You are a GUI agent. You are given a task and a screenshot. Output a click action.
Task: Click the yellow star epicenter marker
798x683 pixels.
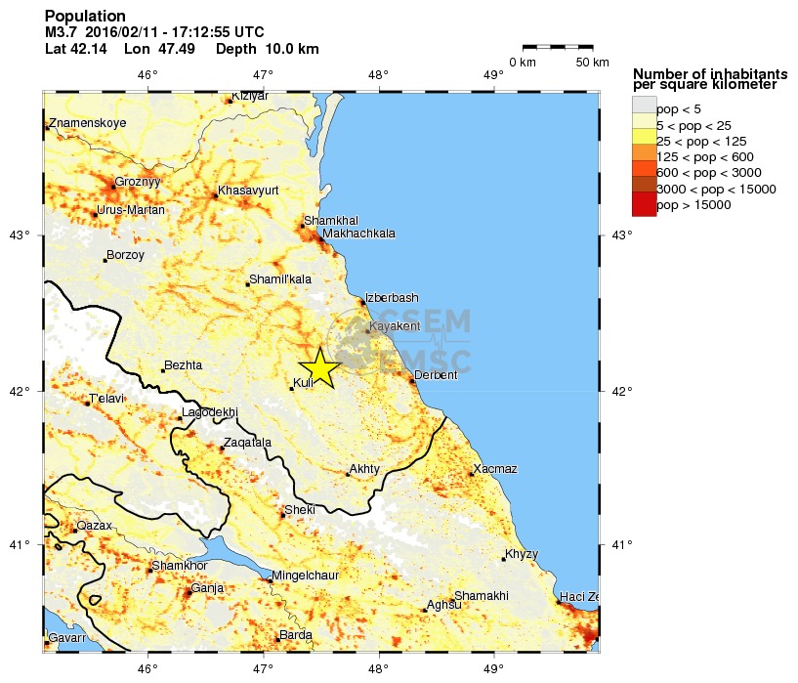pyautogui.click(x=319, y=367)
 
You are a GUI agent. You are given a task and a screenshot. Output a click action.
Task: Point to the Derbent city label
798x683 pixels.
pyautogui.click(x=436, y=375)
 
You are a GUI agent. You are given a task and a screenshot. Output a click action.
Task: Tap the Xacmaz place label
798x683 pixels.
pyautogui.click(x=495, y=470)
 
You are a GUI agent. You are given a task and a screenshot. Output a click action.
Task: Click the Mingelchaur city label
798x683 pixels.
pyautogui.click(x=306, y=576)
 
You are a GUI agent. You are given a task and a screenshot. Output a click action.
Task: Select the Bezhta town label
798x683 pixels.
pyautogui.click(x=184, y=365)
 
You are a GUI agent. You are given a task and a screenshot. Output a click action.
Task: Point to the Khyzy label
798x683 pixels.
pyautogui.click(x=521, y=554)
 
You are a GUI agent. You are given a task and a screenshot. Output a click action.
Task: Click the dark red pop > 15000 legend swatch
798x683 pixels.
pyautogui.click(x=644, y=204)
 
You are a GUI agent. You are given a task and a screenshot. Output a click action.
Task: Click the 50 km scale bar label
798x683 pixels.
pyautogui.click(x=592, y=63)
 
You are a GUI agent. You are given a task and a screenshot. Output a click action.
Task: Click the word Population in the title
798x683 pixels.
pyautogui.click(x=85, y=17)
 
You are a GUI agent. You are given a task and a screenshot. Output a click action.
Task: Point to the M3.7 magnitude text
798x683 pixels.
pyautogui.click(x=63, y=32)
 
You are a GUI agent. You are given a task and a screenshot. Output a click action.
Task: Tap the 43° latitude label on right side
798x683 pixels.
pyautogui.click(x=621, y=235)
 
